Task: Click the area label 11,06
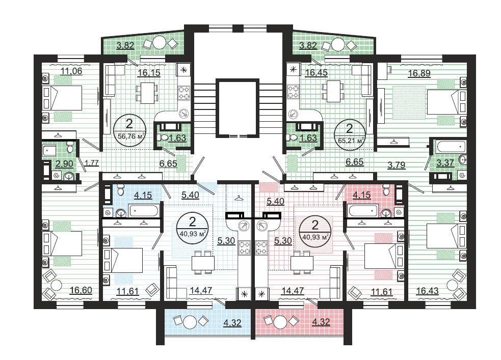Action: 71,71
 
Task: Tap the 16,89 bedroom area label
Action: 419,73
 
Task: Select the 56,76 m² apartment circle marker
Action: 130,130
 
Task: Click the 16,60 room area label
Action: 81,290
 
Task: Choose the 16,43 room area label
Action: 427,291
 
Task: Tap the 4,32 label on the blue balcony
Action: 232,323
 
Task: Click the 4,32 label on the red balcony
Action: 321,322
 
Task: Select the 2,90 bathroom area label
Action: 64,164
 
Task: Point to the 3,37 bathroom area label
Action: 445,163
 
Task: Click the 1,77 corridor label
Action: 91,163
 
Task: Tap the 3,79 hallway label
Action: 396,165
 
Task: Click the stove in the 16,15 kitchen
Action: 183,93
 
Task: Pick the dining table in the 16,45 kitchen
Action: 333,91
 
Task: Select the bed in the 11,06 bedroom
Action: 62,98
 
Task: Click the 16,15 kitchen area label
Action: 149,73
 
